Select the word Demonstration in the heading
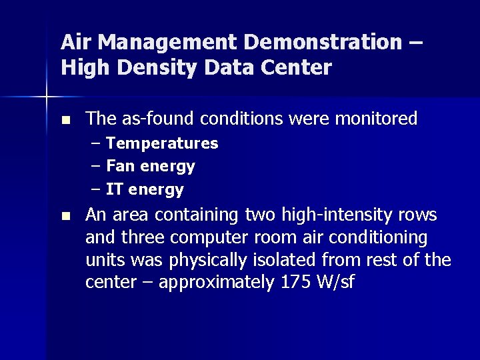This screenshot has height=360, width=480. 323,43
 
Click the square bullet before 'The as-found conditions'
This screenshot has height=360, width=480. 65,121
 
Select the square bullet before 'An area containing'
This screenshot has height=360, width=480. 65,216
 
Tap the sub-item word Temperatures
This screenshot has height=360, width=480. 162,143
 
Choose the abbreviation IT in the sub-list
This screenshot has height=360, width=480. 115,189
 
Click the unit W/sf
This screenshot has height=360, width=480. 337,283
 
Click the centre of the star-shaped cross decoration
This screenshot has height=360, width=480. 47,97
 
